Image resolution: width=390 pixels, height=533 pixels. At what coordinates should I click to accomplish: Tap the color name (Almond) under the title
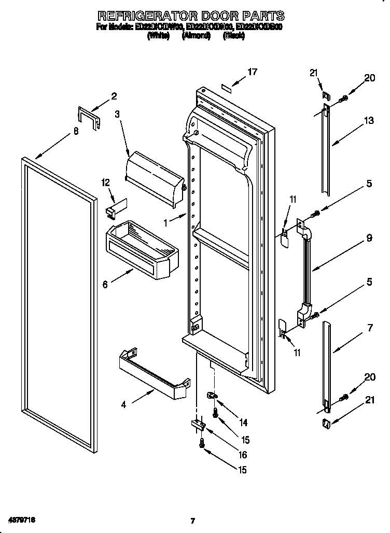tap(196, 36)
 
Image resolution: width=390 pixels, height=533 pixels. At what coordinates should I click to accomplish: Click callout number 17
tap(252, 72)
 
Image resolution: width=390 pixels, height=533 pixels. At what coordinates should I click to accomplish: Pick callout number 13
tap(369, 121)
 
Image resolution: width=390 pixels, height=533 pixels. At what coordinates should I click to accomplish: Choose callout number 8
tap(76, 132)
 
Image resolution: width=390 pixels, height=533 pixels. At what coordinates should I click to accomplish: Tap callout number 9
tap(369, 238)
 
